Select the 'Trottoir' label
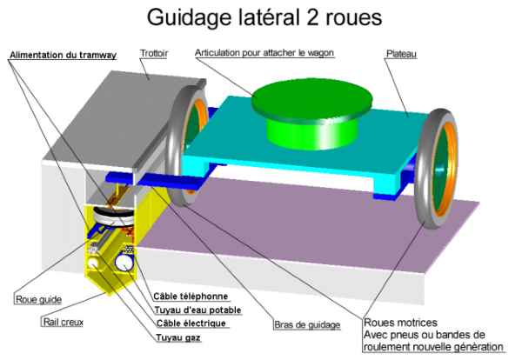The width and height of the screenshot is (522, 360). pos(153,54)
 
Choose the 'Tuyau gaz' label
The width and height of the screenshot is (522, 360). pos(177,337)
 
